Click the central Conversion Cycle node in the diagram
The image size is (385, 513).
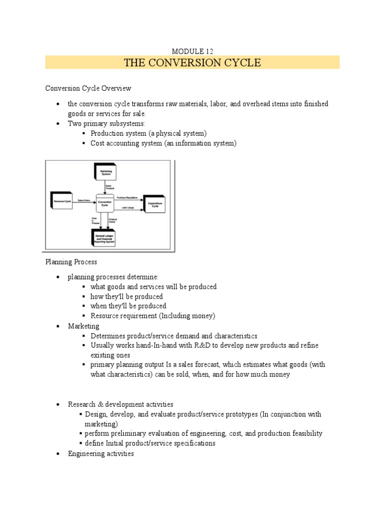coord(105,203)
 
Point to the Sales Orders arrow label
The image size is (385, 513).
coord(83,200)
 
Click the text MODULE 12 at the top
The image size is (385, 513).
coord(192,52)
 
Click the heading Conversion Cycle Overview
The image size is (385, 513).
coord(88,88)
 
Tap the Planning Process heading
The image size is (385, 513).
coord(71,262)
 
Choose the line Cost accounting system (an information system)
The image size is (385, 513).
coord(163,143)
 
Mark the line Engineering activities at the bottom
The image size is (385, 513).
coord(101,453)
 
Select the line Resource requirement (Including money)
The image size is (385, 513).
coord(152,316)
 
